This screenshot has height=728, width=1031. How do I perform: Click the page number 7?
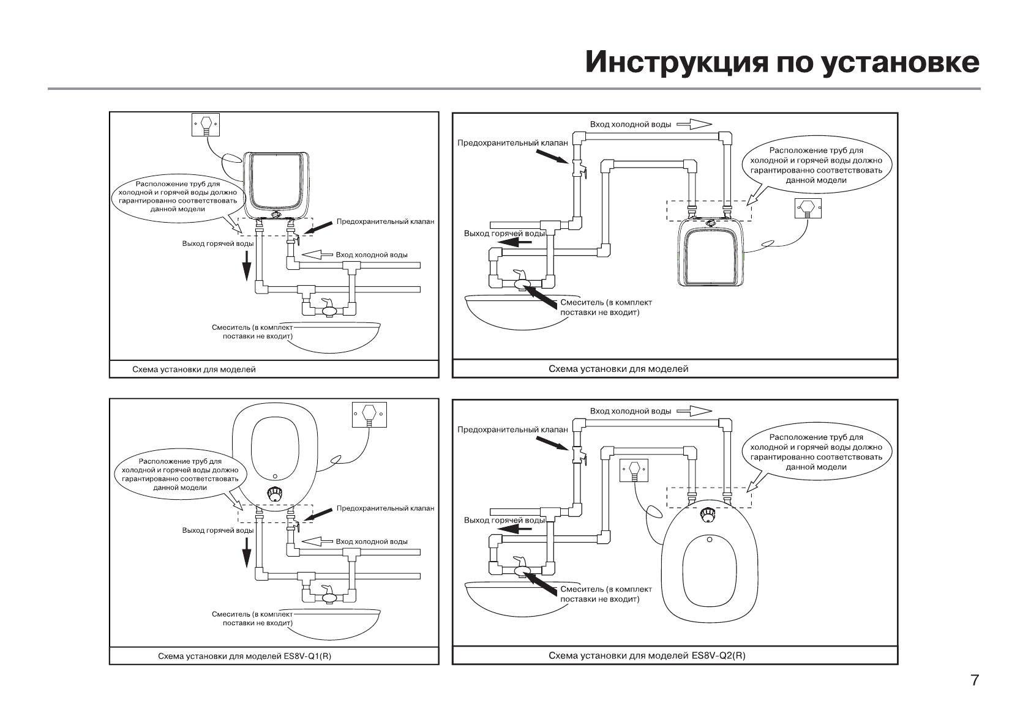[975, 680]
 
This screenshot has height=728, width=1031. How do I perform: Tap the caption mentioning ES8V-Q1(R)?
[244, 656]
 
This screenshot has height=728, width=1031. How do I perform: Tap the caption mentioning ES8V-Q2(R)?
[647, 656]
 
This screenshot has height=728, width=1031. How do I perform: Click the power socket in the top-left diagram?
[205, 124]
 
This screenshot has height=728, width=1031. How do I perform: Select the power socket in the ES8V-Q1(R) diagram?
[369, 414]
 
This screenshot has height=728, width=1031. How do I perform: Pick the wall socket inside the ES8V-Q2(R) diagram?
[634, 470]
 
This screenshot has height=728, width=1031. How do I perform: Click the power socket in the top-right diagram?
[808, 209]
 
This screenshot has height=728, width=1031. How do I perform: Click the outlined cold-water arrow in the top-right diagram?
[694, 124]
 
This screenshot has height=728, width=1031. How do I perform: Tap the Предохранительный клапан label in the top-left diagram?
[385, 221]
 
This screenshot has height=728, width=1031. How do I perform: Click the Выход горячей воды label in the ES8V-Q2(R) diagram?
[504, 520]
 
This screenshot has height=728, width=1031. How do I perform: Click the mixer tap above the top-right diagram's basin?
[522, 281]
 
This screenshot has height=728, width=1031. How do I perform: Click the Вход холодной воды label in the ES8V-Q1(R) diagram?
[371, 541]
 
